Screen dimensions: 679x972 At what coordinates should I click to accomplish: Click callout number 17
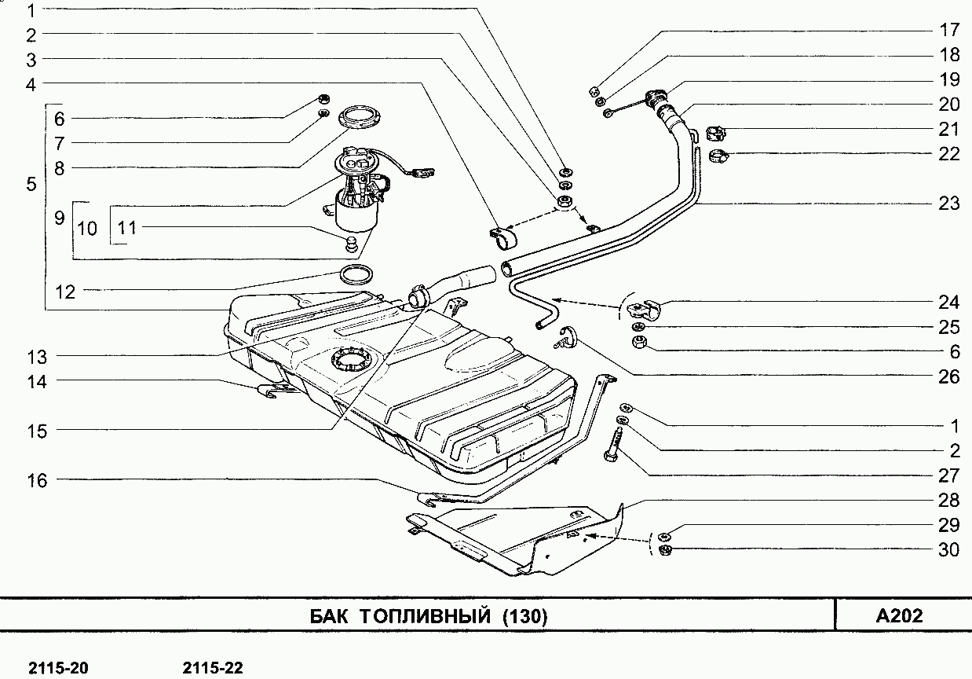pos(948,30)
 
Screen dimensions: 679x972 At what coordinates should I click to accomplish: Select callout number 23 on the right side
pos(948,204)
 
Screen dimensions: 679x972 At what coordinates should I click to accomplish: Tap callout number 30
pos(948,550)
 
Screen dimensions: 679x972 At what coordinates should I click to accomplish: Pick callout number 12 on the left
pos(65,292)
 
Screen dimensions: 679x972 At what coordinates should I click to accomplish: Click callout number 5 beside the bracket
pos(31,185)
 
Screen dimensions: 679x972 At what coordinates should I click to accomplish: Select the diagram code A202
pos(899,615)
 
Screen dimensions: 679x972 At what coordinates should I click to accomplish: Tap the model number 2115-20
pos(58,668)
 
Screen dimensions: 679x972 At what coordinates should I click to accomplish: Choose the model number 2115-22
pos(213,668)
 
